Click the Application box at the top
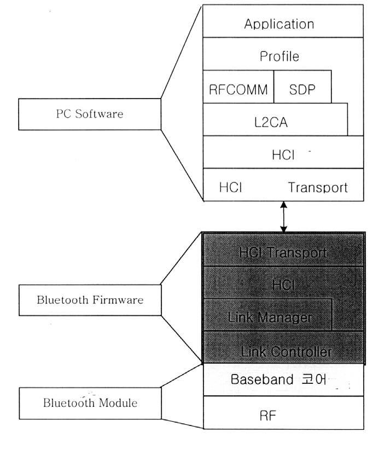(283, 21)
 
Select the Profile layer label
(279, 56)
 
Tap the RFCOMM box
(238, 87)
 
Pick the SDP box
(302, 87)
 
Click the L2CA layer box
(275, 119)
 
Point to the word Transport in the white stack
(318, 188)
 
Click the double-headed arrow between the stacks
(283, 217)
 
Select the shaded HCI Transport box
(283, 250)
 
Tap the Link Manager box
(267, 315)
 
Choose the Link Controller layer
(283, 347)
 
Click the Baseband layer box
(283, 379)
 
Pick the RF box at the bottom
(283, 413)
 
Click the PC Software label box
(90, 114)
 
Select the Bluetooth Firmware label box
(90, 300)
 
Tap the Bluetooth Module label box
(90, 403)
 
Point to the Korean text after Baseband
(314, 379)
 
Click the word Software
(99, 114)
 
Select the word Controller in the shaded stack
(301, 352)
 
